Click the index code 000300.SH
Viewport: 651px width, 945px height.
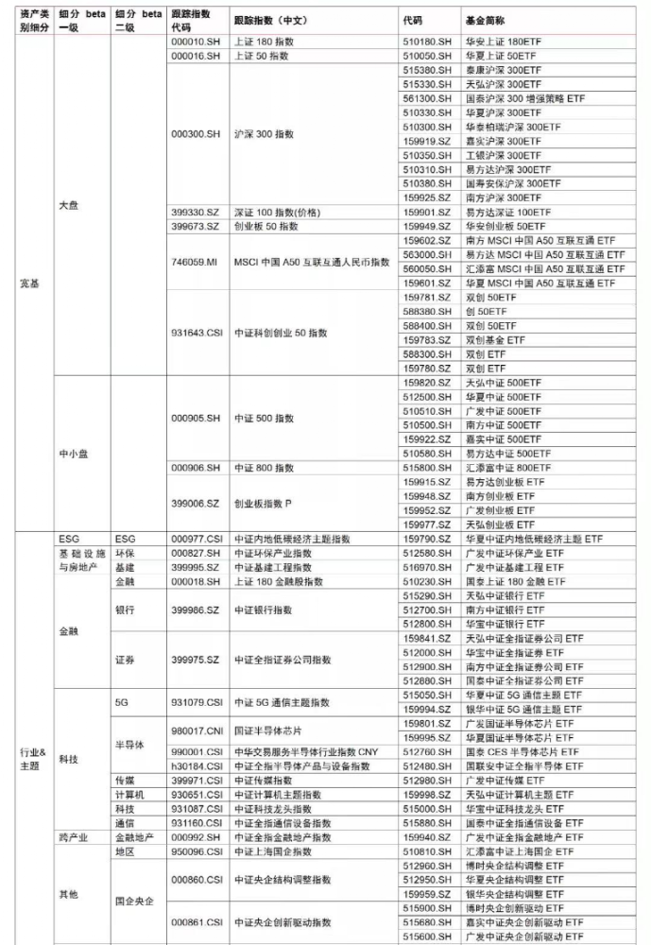pyautogui.click(x=196, y=134)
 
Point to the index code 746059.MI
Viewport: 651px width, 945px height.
pyautogui.click(x=195, y=262)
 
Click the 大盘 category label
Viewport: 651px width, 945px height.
pyautogui.click(x=69, y=205)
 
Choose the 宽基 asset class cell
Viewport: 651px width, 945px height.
pyautogui.click(x=29, y=283)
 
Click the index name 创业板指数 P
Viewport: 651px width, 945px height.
pyautogui.click(x=265, y=504)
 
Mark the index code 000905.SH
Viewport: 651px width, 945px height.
pyautogui.click(x=196, y=418)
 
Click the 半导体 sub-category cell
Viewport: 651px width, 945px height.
pyautogui.click(x=128, y=745)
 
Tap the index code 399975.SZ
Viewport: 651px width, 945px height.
pyautogui.click(x=196, y=660)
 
